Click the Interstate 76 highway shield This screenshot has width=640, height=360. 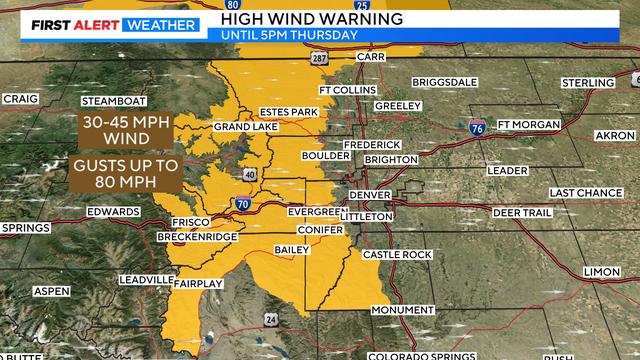coord(477,127)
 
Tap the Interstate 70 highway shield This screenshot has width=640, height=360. coord(243,204)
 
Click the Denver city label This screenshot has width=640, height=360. coord(367,194)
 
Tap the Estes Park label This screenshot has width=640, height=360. coord(287,111)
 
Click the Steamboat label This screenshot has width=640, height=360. coord(113,101)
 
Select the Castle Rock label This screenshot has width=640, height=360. coord(397,255)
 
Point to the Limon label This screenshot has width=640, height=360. coord(602,272)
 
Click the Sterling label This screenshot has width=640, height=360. coord(587,82)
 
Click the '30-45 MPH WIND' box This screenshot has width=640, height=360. coord(125,130)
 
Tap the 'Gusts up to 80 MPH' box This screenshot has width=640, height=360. coord(125,172)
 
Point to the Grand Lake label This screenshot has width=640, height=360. coord(238,127)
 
